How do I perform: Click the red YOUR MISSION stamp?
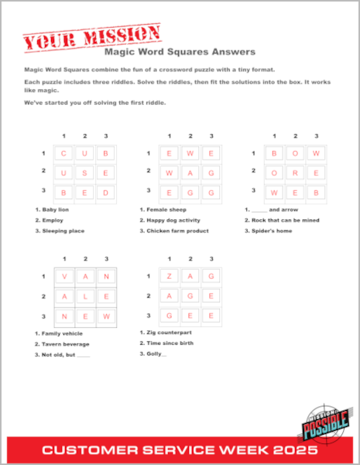(92, 36)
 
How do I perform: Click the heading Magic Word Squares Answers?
(179, 53)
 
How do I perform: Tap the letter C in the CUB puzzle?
(63, 153)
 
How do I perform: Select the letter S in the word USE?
(85, 172)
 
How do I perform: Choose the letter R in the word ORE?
(295, 172)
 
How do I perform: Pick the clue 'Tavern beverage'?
(65, 344)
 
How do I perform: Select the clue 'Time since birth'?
(168, 343)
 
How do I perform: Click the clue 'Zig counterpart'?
(165, 332)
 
